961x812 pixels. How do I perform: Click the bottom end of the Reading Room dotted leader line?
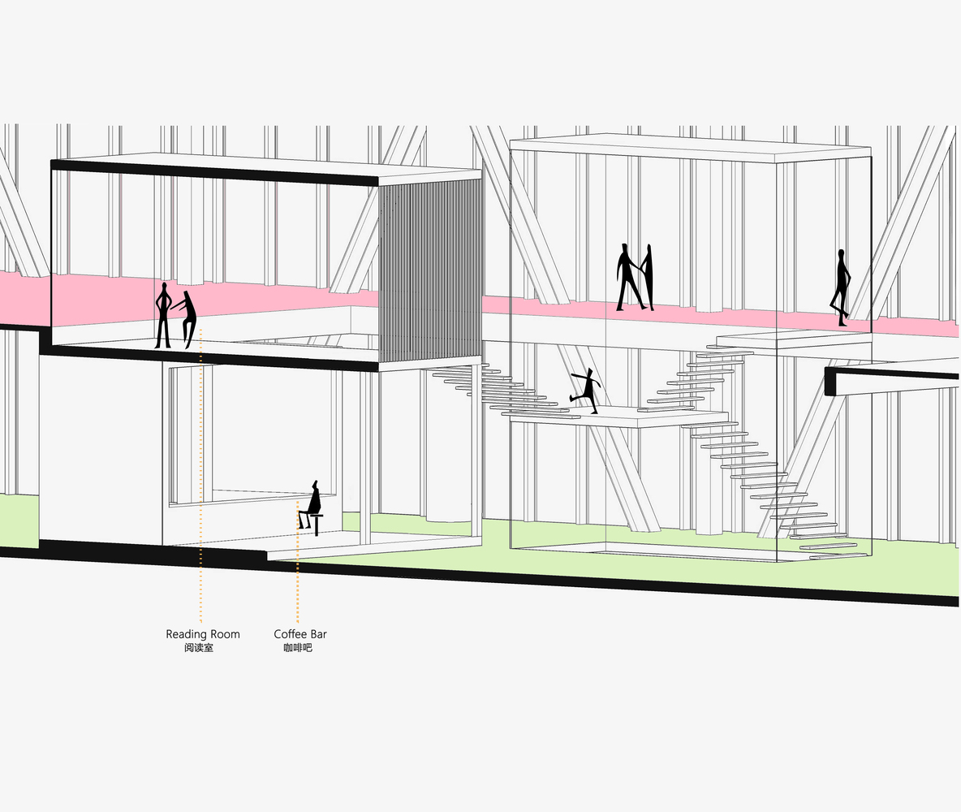[201, 622]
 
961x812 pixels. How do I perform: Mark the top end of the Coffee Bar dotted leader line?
[298, 502]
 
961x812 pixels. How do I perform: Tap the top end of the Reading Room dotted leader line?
[201, 330]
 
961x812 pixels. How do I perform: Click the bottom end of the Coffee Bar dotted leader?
[298, 622]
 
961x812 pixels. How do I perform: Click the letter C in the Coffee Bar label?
[278, 634]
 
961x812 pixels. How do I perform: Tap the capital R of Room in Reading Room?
[214, 634]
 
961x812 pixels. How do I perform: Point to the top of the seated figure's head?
[317, 482]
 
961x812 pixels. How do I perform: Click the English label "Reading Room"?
[203, 635]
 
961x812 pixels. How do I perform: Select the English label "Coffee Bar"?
[300, 634]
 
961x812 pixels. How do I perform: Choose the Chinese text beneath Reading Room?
[199, 648]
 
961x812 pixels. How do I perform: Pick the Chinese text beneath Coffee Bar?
[298, 648]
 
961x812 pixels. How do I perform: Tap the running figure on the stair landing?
[585, 391]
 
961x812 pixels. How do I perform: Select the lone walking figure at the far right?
[840, 287]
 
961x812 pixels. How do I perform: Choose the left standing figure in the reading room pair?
[162, 315]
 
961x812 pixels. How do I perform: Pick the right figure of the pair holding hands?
[647, 277]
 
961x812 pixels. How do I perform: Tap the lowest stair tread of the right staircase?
[839, 556]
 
